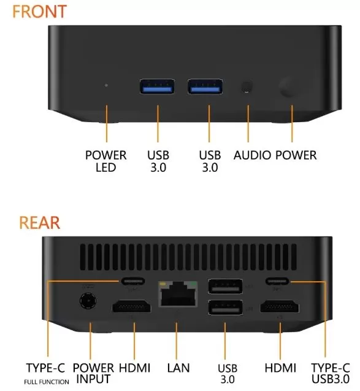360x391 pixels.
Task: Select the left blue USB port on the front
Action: pos(156,87)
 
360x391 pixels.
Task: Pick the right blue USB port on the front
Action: pos(204,87)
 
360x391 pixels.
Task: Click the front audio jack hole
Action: pos(247,87)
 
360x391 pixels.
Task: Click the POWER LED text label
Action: pos(105,161)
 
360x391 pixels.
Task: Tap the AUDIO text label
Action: pos(252,155)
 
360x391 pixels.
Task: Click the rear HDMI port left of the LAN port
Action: pos(130,307)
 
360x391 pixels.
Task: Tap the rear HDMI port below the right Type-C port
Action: pos(280,307)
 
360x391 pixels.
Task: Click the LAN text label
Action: pos(178,368)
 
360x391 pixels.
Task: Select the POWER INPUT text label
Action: pos(93,373)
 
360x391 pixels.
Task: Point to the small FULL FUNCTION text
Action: pos(47,382)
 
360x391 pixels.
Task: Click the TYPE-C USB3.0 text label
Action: pos(331,373)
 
